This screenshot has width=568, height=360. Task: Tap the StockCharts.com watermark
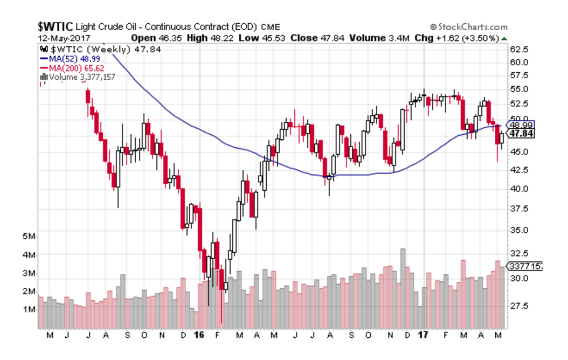(x=469, y=27)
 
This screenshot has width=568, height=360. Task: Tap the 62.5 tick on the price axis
(x=518, y=49)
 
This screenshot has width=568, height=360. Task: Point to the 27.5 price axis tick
(x=518, y=306)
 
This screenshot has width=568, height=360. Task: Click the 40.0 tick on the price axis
(x=518, y=189)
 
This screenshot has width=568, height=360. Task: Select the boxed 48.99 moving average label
(x=521, y=125)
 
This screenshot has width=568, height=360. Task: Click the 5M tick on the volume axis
(x=30, y=237)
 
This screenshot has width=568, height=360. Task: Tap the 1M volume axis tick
(x=30, y=310)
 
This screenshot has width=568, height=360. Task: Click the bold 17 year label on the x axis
(x=424, y=335)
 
